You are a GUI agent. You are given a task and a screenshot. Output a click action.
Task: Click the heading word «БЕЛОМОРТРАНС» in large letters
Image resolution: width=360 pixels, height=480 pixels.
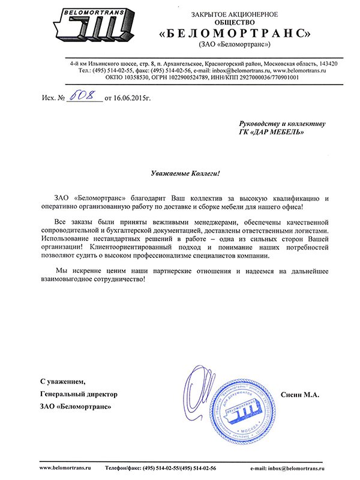pyautogui.click(x=235, y=32)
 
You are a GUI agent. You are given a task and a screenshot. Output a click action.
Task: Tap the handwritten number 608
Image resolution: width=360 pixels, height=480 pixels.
pyautogui.click(x=84, y=95)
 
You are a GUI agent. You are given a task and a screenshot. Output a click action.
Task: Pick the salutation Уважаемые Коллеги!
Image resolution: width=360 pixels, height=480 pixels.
pyautogui.click(x=185, y=173)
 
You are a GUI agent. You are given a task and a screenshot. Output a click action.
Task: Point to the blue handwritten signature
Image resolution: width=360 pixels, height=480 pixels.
pyautogui.click(x=204, y=390)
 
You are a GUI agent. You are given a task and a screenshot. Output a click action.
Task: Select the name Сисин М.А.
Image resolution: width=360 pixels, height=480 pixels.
pyautogui.click(x=300, y=394)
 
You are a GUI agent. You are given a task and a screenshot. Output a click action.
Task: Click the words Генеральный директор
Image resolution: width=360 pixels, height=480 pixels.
pyautogui.click(x=79, y=394)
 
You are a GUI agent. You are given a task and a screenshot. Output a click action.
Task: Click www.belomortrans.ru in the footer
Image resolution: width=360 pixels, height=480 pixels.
pyautogui.click(x=64, y=467)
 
